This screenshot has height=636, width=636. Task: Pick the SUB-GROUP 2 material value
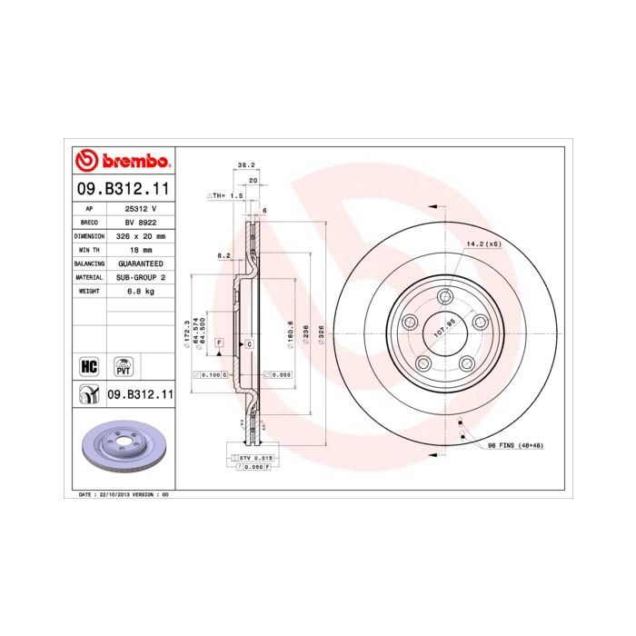tap(141, 276)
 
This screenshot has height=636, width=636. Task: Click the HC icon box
tap(89, 366)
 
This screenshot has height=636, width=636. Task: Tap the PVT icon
tap(122, 366)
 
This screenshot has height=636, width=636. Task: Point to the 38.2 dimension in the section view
tap(244, 165)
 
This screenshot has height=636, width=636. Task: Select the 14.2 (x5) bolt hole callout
tap(484, 244)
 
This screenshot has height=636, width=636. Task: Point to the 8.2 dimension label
tap(224, 256)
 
